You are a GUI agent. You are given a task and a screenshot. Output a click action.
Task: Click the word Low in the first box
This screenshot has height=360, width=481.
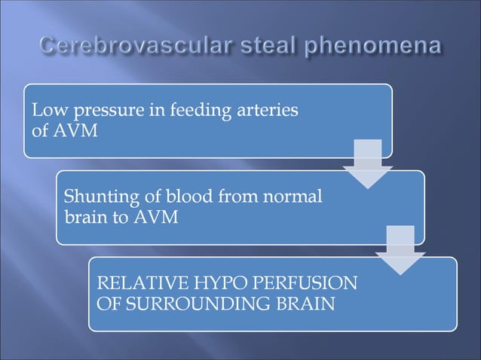pyautogui.click(x=44, y=111)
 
